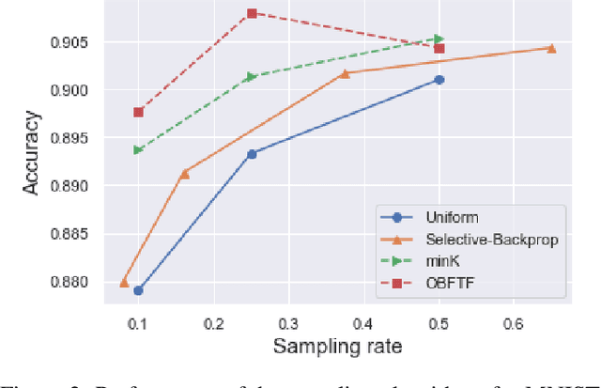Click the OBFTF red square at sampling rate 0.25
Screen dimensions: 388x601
[252, 13]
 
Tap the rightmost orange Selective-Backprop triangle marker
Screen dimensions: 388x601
[551, 48]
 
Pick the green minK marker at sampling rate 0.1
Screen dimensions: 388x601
[139, 150]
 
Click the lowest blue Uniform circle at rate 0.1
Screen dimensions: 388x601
[138, 290]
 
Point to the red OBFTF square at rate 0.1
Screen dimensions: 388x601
[138, 112]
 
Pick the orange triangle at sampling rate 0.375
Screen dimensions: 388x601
[345, 73]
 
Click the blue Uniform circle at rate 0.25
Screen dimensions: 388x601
[252, 153]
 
